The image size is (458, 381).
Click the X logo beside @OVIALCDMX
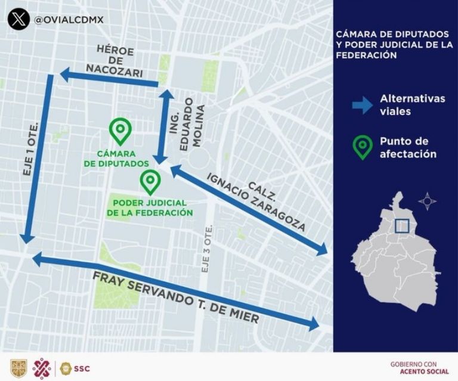click(18, 19)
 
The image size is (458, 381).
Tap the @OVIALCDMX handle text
click(69, 20)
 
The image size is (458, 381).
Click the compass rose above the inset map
click(427, 201)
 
